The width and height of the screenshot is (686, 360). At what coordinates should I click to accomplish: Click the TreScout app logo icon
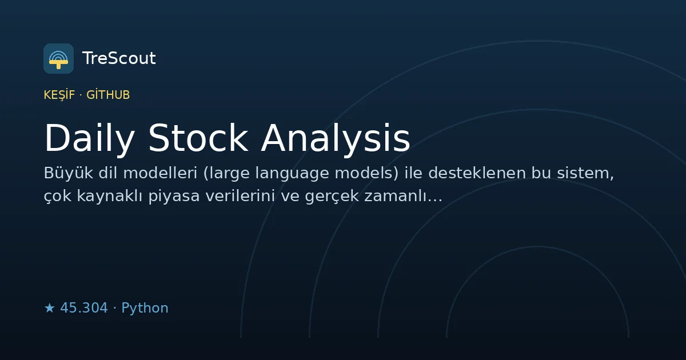(58, 58)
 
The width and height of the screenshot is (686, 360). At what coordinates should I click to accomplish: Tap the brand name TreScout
(119, 58)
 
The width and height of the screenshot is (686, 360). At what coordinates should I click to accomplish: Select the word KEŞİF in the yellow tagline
(59, 95)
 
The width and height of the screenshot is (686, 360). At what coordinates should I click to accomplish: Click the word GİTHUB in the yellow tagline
(108, 95)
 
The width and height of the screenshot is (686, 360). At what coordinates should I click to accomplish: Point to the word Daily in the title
(89, 138)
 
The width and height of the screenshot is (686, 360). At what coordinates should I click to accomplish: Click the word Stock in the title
(198, 138)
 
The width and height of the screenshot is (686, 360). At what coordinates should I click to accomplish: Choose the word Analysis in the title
(336, 138)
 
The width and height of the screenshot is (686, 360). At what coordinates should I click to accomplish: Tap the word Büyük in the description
(68, 173)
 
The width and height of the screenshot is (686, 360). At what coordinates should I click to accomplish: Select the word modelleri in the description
(160, 173)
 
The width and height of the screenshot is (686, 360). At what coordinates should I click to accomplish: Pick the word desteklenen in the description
(477, 173)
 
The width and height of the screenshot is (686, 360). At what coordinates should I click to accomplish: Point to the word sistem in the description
(583, 173)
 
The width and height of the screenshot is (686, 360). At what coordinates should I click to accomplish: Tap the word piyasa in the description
(174, 197)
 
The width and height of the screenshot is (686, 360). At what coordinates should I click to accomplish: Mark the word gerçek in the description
(332, 197)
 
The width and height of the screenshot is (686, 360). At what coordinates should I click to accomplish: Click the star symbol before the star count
(49, 308)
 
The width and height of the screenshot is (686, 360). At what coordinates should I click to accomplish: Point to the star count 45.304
(84, 308)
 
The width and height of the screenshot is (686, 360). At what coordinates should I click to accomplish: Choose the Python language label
(145, 308)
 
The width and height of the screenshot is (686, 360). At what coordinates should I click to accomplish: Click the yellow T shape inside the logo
(58, 63)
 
